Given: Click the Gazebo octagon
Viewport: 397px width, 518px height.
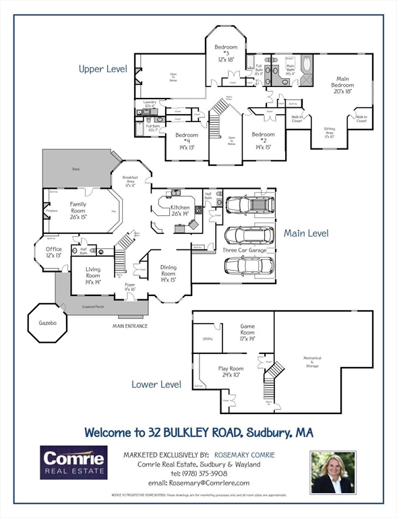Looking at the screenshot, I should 47,324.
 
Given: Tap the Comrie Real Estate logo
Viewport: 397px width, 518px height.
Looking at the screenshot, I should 73,462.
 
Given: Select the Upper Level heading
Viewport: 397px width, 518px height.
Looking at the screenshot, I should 102,69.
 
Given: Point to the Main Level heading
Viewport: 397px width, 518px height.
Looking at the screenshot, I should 305,233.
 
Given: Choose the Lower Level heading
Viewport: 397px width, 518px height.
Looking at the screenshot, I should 156,384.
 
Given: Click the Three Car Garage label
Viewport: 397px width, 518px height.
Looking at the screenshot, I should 245,250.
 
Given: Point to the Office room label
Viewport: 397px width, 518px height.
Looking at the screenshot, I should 53,252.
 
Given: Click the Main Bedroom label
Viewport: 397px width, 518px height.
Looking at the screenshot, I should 342,85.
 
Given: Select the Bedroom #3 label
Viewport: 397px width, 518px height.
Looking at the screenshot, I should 226,52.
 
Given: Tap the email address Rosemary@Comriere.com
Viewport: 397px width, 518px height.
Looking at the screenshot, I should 195,483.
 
